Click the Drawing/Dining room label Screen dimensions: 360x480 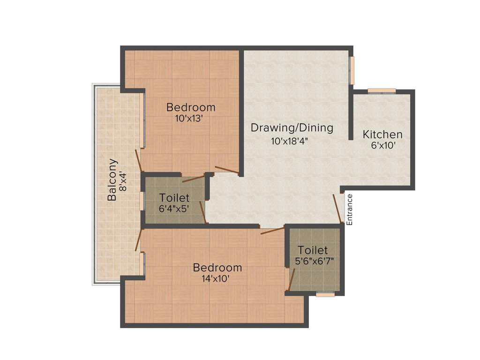point(292,127)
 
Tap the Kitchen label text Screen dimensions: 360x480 point(382,135)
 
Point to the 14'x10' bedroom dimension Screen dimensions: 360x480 point(217,278)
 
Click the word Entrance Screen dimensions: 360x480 point(349,210)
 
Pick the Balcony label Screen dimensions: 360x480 point(112,180)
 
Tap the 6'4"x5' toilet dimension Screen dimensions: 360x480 point(174,209)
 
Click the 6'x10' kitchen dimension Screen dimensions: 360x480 point(384,146)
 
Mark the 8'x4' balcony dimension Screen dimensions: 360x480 point(123,181)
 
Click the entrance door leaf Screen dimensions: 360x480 point(337,208)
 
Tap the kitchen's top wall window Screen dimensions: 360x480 point(382,91)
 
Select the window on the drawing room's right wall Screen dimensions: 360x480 point(352,70)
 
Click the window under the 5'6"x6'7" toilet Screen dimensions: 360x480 point(325,295)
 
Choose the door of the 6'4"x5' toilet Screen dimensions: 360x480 point(202,212)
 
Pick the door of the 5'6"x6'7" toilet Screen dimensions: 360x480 point(291,280)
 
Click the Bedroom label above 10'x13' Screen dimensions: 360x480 point(191,107)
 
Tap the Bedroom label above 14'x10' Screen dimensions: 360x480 point(217,268)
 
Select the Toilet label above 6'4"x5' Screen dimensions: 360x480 point(174,198)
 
